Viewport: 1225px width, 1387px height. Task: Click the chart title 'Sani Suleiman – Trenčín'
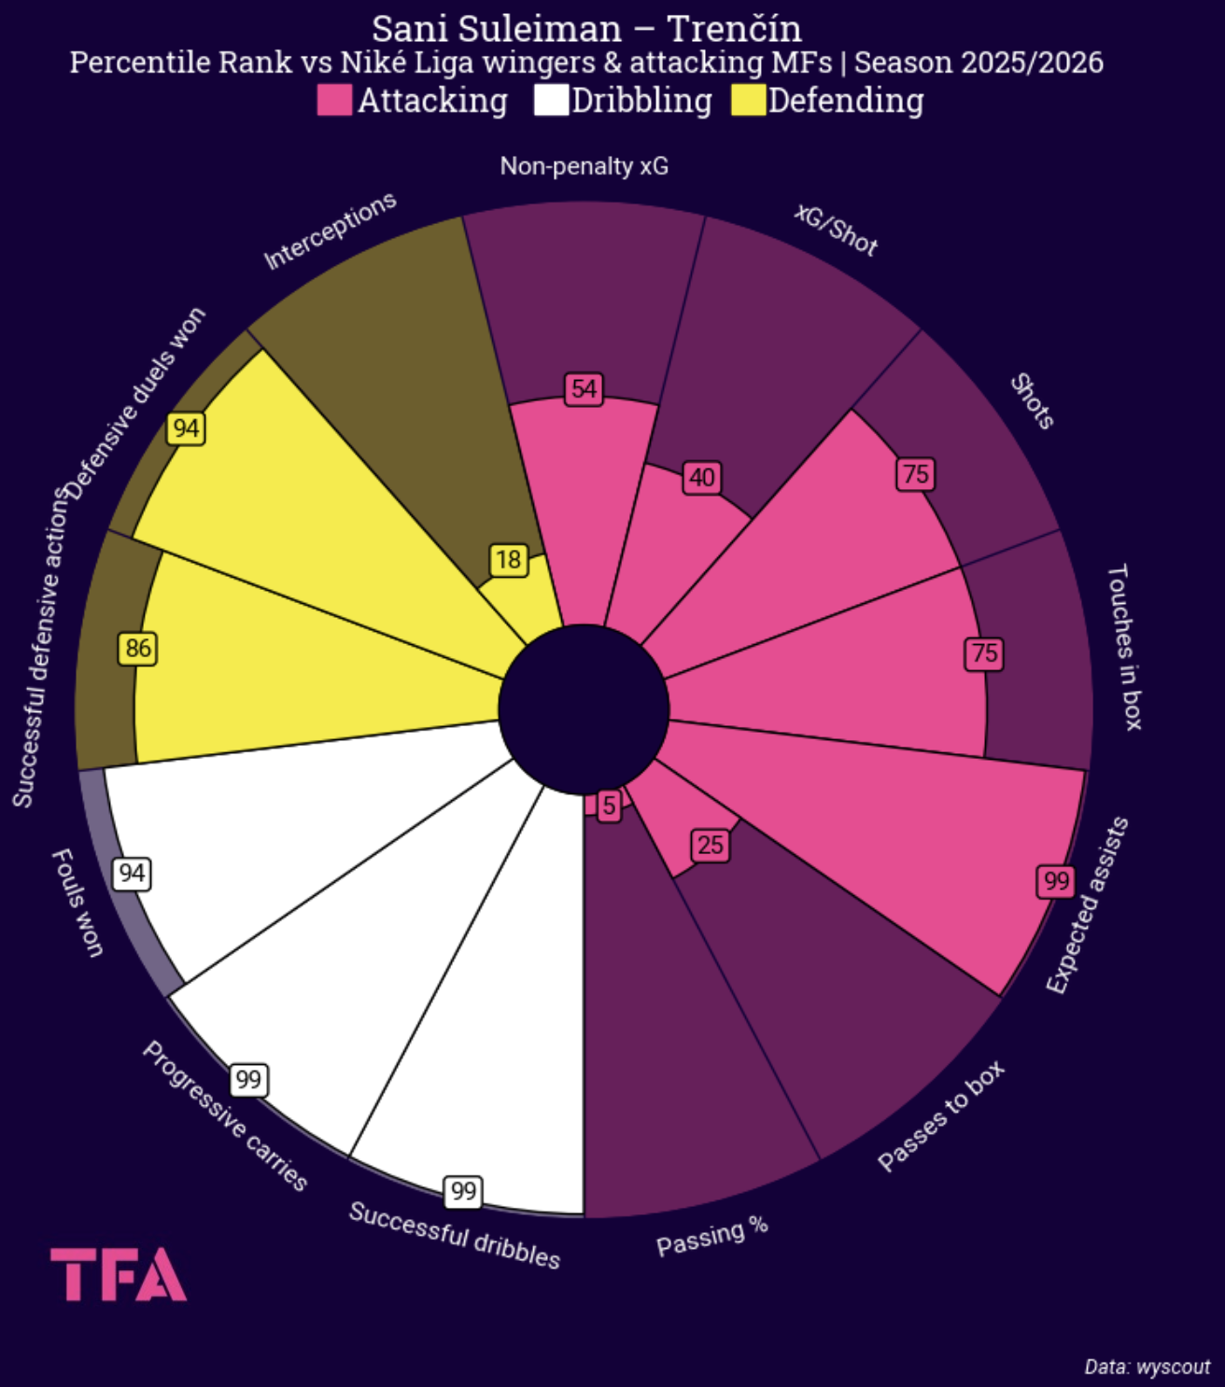pos(586,29)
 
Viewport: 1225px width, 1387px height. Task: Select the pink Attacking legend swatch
pos(333,100)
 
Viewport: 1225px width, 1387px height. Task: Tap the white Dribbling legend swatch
pos(551,100)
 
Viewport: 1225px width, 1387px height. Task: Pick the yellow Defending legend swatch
pos(748,100)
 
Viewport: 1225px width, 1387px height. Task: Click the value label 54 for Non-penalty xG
pos(584,388)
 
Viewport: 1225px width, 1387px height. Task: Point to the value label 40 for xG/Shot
pos(701,478)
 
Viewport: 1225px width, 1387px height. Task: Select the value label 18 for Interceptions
pos(508,559)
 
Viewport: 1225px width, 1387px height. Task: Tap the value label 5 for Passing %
pos(609,806)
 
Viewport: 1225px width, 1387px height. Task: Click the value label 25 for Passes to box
pos(710,846)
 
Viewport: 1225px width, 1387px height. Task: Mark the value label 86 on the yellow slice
pos(137,649)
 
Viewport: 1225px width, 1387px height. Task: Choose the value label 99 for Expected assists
pos(1056,881)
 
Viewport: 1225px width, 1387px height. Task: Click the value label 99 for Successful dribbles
pos(463,1191)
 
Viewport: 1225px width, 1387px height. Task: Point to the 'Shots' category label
pos(1032,401)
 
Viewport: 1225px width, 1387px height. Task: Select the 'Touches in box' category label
pos(1124,647)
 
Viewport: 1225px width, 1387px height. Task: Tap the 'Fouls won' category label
pos(77,903)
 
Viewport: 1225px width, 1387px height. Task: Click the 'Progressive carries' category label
pos(225,1116)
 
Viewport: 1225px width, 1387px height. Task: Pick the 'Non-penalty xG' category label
pos(584,166)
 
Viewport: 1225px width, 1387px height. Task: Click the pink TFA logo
pos(119,1274)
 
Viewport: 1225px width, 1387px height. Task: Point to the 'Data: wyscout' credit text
pos(1147,1366)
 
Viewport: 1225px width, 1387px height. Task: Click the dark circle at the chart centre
pos(584,709)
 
